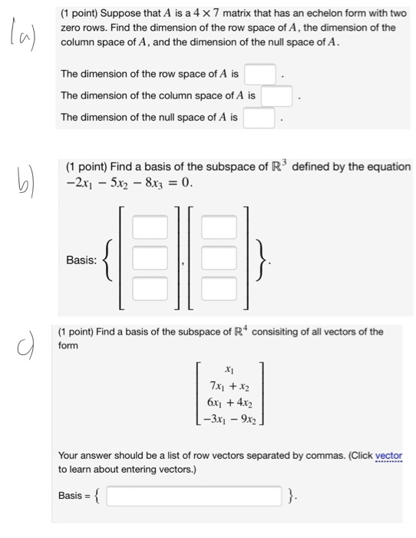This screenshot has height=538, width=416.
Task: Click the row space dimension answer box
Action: pyautogui.click(x=259, y=75)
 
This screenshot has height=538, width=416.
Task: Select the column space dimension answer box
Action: pyautogui.click(x=276, y=97)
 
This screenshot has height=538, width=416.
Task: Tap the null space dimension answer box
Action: pyautogui.click(x=259, y=118)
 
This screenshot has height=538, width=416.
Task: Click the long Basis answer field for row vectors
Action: pyautogui.click(x=193, y=496)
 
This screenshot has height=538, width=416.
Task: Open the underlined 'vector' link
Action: pyautogui.click(x=388, y=455)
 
